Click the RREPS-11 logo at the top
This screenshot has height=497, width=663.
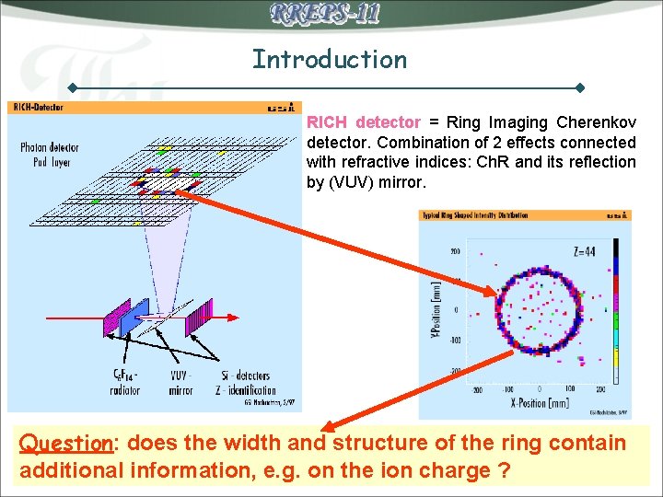[325, 14]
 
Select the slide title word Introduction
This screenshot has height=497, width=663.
[330, 60]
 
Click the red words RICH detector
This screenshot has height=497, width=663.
[363, 122]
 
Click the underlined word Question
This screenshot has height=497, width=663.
[65, 444]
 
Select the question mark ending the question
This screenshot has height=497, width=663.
[504, 470]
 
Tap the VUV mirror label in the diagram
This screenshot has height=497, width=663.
[181, 383]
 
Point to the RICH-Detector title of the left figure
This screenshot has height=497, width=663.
[38, 108]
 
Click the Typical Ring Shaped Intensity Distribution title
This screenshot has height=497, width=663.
[475, 215]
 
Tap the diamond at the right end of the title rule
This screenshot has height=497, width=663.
[580, 88]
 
